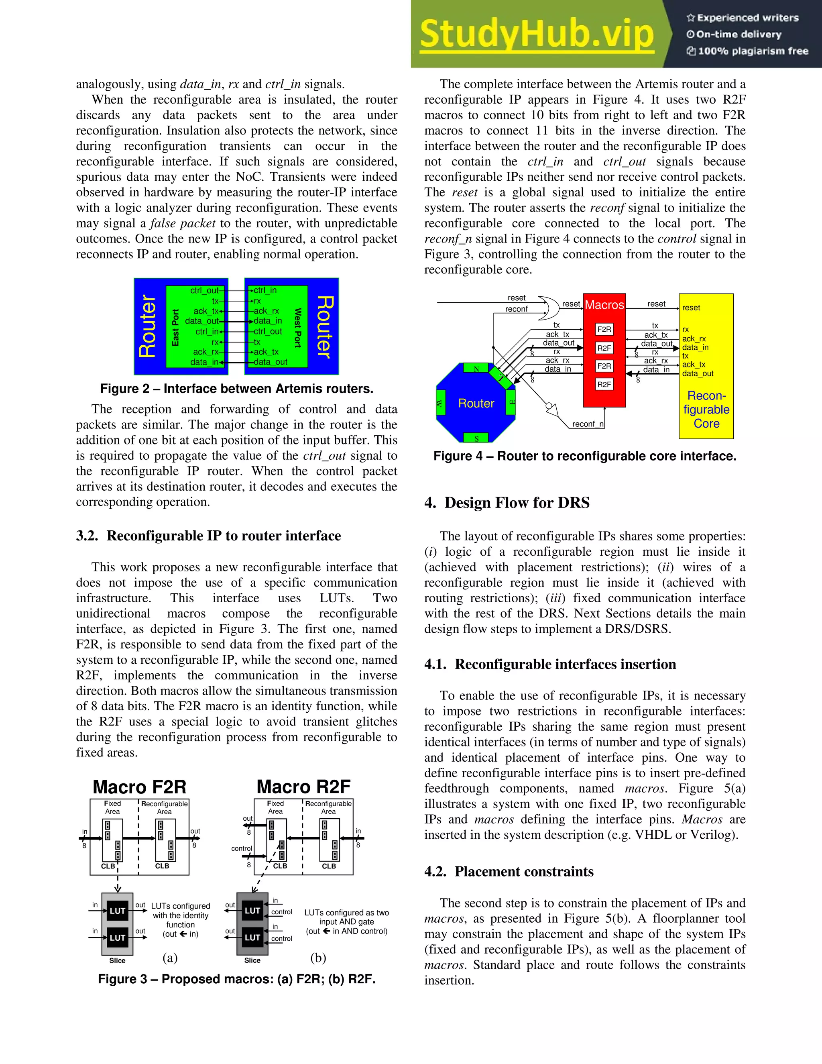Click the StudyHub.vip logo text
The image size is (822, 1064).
(x=537, y=34)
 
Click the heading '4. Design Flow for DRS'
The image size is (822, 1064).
(x=507, y=503)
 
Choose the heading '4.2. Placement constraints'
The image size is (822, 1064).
(x=509, y=872)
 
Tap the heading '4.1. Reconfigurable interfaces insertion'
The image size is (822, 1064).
(x=550, y=664)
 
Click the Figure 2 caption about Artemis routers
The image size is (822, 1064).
(x=237, y=389)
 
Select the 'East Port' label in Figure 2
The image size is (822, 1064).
(x=175, y=327)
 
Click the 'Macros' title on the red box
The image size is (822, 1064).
(x=604, y=305)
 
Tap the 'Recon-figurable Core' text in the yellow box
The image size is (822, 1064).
(x=706, y=409)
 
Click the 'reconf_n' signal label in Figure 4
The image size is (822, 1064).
(x=588, y=424)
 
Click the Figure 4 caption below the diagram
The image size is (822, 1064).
(x=585, y=457)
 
